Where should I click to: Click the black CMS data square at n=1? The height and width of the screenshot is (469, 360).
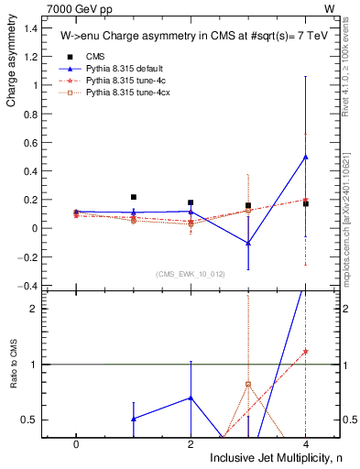coord(134,197)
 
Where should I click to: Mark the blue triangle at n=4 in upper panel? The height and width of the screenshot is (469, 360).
coord(305,157)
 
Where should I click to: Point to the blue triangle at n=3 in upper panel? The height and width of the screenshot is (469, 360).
coord(248,243)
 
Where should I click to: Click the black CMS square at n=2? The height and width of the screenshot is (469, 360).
coord(191,202)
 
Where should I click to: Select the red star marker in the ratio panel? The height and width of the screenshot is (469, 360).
coord(305,352)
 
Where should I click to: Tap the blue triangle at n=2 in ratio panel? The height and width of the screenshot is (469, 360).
coord(191,398)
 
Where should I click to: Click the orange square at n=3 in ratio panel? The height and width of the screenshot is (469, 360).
coord(248,385)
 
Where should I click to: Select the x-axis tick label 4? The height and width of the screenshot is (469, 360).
coord(305,442)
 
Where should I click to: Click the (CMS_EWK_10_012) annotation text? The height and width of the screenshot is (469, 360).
coord(191,274)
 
